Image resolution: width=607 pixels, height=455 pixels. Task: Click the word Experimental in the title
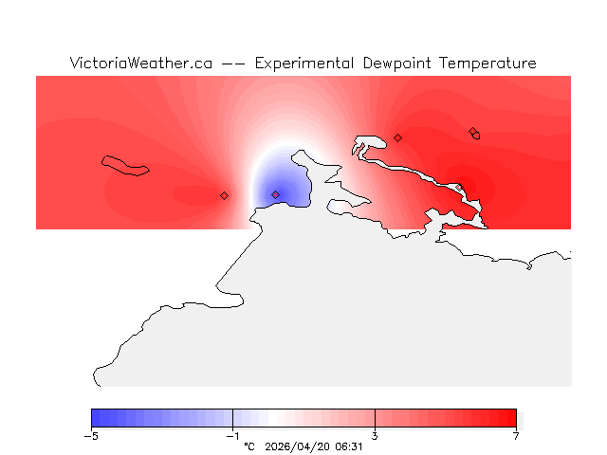pos(305,64)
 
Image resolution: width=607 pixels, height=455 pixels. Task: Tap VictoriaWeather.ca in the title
pos(140,64)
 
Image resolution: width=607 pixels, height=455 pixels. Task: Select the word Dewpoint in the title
pos(397,64)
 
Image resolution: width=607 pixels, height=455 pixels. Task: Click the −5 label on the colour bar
pos(91,436)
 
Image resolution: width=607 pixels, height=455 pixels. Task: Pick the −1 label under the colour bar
pos(232,436)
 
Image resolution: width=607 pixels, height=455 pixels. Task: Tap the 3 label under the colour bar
pos(375,436)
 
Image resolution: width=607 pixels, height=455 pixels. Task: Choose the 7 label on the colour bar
pos(516,436)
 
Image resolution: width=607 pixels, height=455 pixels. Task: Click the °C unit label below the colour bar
pos(249,446)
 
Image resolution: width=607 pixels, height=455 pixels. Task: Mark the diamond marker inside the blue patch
pos(276,194)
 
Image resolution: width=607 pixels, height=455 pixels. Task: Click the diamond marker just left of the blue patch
pos(225,195)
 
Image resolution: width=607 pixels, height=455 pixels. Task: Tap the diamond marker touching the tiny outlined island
pos(472,131)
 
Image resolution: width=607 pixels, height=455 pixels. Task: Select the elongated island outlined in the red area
pos(126,165)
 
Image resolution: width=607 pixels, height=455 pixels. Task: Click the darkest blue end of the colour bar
pos(96,418)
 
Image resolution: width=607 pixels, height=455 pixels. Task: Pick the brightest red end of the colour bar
pos(512,418)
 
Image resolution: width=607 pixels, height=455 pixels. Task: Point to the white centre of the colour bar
pos(275,418)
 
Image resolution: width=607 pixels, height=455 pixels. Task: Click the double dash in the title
pos(232,64)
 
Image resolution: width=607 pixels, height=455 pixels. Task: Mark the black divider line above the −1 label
pos(232,418)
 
